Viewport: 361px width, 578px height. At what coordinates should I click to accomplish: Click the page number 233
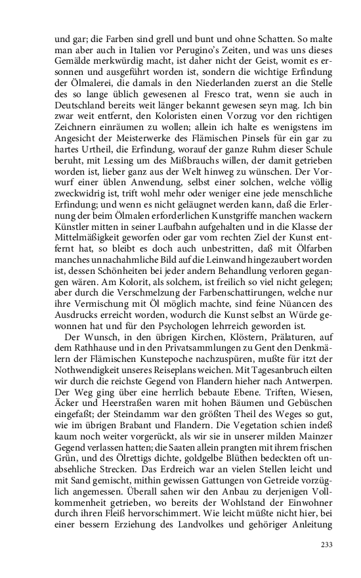326,545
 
